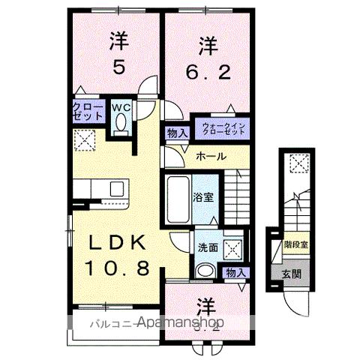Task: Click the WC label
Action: (x=121, y=107)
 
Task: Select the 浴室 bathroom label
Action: (x=202, y=199)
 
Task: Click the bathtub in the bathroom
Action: (x=177, y=199)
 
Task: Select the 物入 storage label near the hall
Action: (x=177, y=133)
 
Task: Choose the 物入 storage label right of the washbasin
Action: (x=235, y=272)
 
